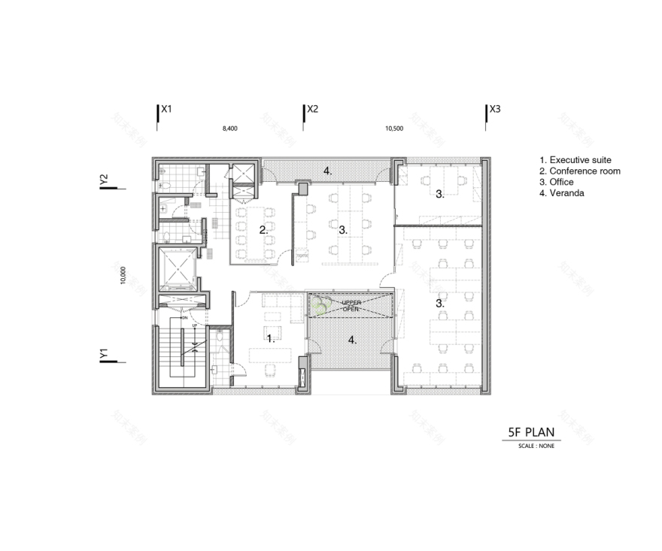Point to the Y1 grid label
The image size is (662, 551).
pos(105,353)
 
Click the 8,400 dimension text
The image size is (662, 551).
pos(229,129)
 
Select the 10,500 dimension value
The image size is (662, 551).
pos(393,129)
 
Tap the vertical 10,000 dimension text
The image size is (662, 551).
pos(122,275)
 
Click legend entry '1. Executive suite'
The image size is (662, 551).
pos(575,160)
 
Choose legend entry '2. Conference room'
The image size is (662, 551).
pos(580,171)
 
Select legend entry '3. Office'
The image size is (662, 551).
pos(557,182)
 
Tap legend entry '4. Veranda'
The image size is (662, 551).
pos(562,193)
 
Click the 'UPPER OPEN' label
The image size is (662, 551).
pos(351,304)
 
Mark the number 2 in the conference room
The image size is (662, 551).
pos(263,230)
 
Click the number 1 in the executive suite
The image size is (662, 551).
pos(270,338)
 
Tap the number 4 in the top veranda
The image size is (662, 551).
pos(327,171)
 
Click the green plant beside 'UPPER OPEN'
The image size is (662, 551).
pos(321,306)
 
